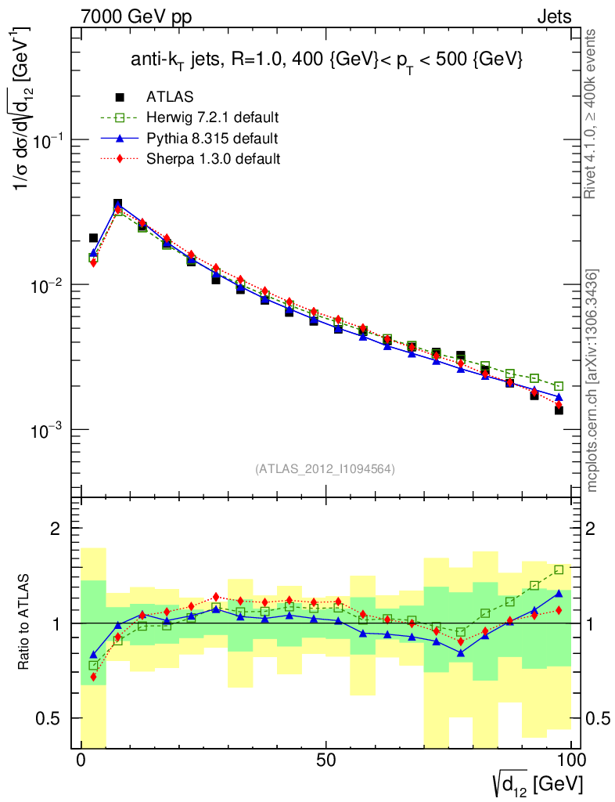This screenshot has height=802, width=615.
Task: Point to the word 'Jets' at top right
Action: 553,16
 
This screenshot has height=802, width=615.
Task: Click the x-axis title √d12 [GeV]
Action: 537,782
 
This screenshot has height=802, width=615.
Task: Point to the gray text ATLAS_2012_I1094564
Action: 325,469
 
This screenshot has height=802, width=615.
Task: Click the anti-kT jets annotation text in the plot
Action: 326,60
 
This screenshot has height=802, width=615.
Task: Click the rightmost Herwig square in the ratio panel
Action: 559,570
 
